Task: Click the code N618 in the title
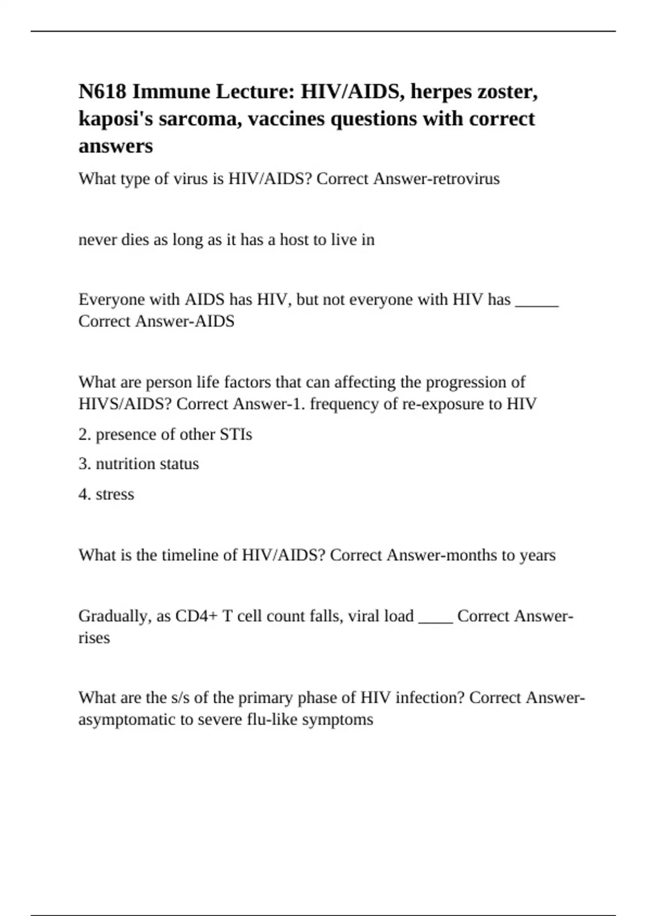pyautogui.click(x=102, y=92)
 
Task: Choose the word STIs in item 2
pyautogui.click(x=236, y=435)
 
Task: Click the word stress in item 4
pyautogui.click(x=115, y=495)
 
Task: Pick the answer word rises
pyautogui.click(x=94, y=638)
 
